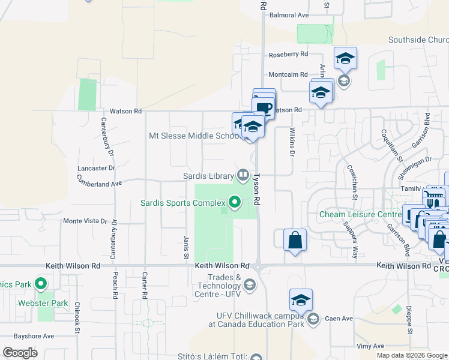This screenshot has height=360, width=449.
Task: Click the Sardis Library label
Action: coord(208,176)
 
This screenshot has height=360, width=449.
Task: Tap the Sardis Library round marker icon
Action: coord(243,175)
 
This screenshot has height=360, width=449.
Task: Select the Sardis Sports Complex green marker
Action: coord(234,203)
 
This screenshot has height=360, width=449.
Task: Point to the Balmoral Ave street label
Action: coord(289,15)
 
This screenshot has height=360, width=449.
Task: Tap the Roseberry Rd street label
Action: coord(288,53)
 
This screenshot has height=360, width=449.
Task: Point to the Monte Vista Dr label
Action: coord(85,221)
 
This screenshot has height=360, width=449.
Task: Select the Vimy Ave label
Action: coord(370,346)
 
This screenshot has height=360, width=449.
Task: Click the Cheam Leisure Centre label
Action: coord(360,214)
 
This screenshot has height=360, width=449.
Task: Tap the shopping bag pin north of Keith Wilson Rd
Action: coord(294,240)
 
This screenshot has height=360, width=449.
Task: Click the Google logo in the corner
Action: coord(20,352)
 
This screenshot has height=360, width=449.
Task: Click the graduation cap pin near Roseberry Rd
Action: coord(345,58)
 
